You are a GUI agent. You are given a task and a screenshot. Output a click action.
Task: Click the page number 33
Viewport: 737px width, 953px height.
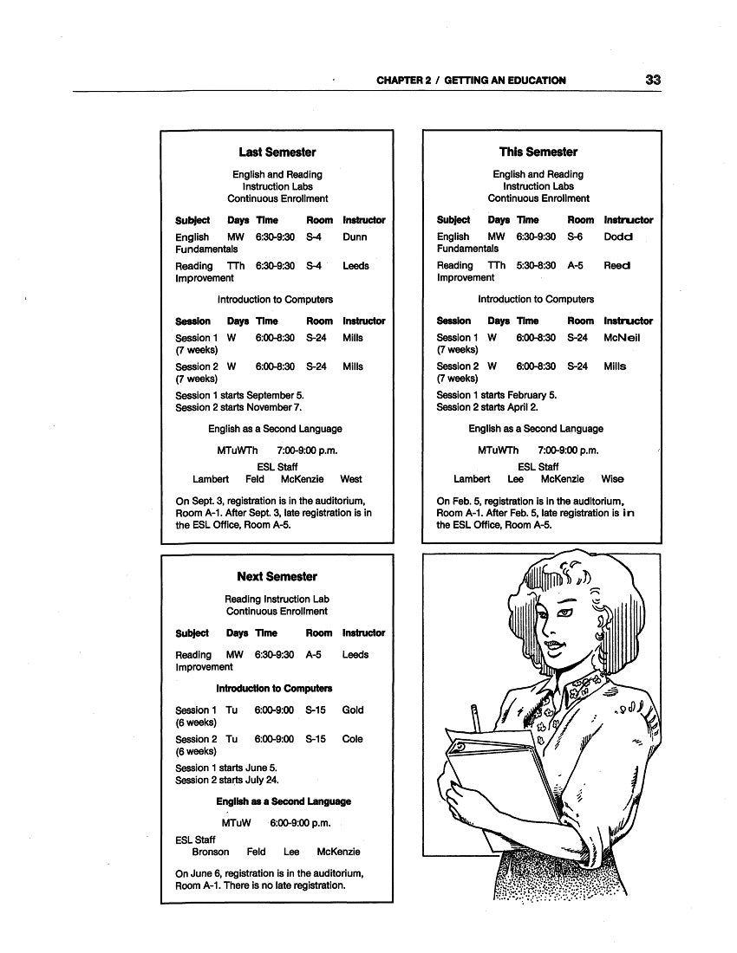click(653, 80)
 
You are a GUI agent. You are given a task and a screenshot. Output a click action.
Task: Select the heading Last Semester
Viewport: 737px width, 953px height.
click(277, 152)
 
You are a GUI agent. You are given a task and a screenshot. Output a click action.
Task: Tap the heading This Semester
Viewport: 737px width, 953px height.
click(538, 152)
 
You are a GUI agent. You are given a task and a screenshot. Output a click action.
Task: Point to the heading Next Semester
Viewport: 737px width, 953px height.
click(277, 577)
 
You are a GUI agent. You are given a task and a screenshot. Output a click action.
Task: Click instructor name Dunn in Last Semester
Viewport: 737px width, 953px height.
click(355, 237)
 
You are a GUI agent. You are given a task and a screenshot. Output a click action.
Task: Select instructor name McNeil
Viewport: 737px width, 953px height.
click(622, 338)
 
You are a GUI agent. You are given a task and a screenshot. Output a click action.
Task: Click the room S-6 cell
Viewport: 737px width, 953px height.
click(576, 237)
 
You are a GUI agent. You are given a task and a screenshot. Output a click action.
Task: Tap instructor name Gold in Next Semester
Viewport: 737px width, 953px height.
click(353, 710)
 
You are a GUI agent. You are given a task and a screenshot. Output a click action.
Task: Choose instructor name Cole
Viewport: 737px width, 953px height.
click(353, 740)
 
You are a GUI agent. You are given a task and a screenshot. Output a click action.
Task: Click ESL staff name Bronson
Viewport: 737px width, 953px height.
click(211, 853)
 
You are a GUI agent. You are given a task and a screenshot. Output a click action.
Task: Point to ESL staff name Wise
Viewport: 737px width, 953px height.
click(612, 479)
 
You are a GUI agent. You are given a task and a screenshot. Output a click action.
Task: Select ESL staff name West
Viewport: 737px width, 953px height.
click(351, 479)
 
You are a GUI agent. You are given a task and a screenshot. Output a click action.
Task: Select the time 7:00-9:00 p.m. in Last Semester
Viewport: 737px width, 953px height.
click(307, 451)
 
